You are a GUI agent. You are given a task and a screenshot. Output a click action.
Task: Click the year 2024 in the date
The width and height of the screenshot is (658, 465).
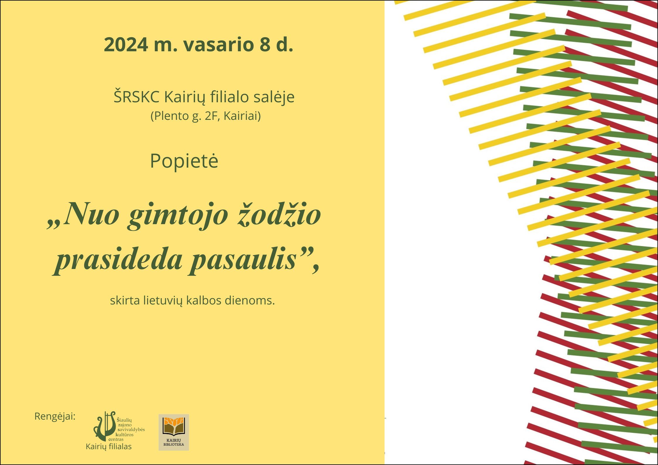point(126,45)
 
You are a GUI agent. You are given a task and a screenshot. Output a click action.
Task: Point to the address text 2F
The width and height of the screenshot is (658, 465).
point(211,116)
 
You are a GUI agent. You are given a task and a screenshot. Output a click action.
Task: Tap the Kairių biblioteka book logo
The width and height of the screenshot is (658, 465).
point(174,432)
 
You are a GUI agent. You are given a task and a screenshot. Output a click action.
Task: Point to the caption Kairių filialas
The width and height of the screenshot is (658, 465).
point(109,447)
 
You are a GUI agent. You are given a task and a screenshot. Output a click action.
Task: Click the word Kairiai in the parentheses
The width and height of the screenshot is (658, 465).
point(240,116)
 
